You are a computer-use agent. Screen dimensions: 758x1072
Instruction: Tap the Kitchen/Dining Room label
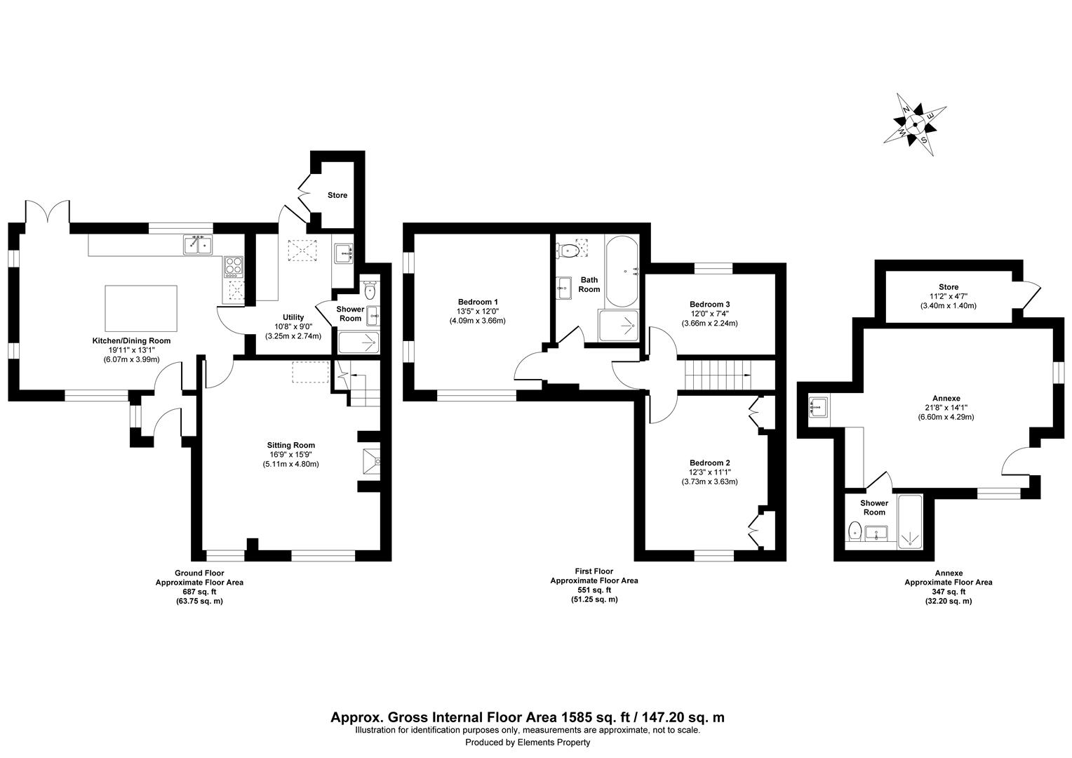[x=131, y=340]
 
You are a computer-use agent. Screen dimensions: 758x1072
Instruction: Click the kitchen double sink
[x=199, y=245]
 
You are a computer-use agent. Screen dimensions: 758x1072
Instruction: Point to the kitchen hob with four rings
[x=233, y=266]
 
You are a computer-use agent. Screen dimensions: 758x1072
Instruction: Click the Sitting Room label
[x=290, y=445]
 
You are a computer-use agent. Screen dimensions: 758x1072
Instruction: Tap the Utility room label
[x=293, y=317]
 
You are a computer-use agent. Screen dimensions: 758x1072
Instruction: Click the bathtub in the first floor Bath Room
[x=622, y=271]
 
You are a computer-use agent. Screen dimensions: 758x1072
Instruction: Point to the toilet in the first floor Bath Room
[x=568, y=249]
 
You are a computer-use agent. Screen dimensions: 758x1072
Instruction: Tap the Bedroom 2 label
[x=709, y=463]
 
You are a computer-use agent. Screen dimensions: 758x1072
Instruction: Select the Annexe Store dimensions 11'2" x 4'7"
[x=948, y=296]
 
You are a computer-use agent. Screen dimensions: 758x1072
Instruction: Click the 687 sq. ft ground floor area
[x=199, y=592]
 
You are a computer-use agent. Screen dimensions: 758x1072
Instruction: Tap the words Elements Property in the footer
[x=554, y=743]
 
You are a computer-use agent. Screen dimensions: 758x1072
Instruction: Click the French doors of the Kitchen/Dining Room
[x=48, y=212]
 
